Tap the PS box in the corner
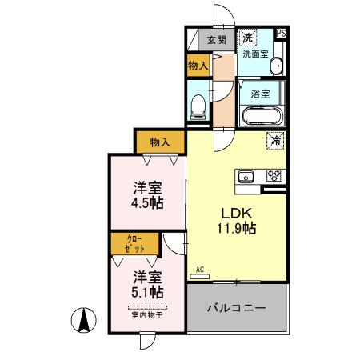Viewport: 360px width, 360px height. click(281, 33)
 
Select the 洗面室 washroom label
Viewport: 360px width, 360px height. click(256, 54)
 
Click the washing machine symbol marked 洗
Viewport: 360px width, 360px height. click(249, 38)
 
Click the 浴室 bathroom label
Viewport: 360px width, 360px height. click(259, 93)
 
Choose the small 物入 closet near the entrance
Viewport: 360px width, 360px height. click(198, 67)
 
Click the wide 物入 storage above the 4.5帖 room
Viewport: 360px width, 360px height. click(161, 142)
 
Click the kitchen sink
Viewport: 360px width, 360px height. click(245, 176)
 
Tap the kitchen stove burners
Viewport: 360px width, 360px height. click(274, 176)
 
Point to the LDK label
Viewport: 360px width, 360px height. click(237, 214)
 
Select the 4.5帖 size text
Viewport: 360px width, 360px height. click(147, 203)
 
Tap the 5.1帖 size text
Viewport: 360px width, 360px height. click(147, 293)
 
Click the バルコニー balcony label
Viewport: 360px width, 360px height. click(237, 308)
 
